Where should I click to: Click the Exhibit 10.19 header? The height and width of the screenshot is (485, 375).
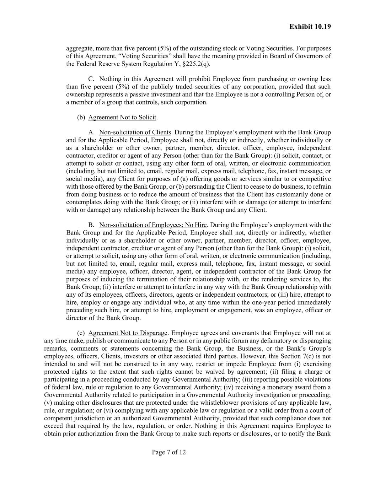(310, 27)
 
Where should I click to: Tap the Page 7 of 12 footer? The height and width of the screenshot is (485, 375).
(169, 452)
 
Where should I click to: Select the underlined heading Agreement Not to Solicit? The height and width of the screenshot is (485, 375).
(122, 117)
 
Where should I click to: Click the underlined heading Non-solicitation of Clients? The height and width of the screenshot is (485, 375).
(135, 133)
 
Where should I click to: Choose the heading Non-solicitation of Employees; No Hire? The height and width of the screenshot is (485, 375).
(153, 225)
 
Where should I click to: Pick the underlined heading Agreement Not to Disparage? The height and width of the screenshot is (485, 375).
(128, 333)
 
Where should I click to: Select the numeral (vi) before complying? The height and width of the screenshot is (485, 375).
(108, 410)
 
